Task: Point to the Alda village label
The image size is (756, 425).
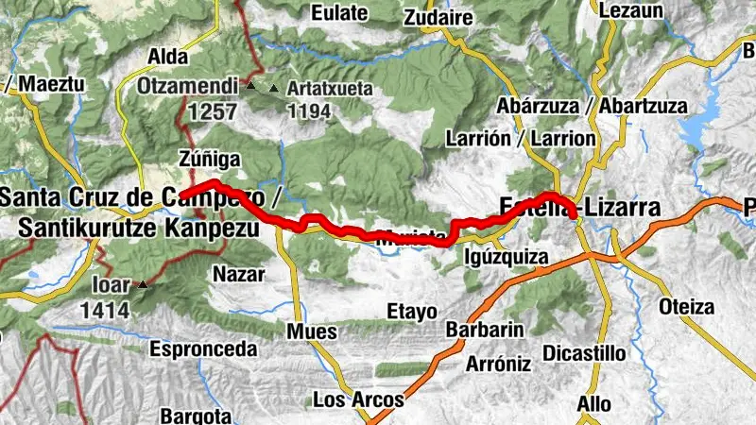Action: coord(168,57)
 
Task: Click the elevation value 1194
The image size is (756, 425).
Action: coord(311,112)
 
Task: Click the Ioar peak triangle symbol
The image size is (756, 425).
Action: coord(143,283)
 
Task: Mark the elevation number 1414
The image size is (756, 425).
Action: coord(104,308)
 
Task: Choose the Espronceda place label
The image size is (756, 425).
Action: coord(203,348)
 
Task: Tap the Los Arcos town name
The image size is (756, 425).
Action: coord(357,399)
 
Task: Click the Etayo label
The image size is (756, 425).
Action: coord(412,311)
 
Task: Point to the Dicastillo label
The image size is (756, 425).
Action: coord(585,353)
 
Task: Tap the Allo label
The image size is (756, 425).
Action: coord(593,403)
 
